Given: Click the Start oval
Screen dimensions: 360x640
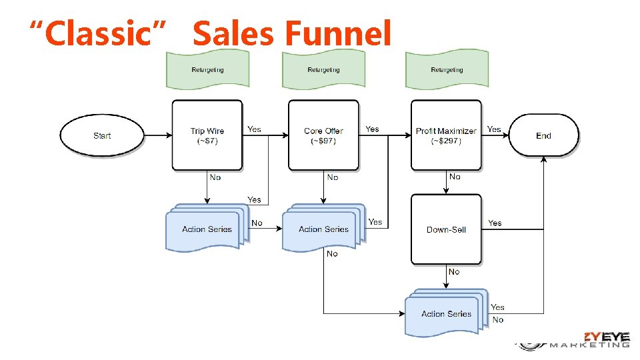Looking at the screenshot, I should point(102,135).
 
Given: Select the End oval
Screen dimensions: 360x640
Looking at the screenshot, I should point(543,135).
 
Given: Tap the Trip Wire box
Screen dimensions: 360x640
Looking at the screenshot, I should point(207,135).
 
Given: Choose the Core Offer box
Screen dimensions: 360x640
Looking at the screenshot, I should point(323,135).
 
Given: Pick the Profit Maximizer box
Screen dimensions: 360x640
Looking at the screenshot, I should point(446,135).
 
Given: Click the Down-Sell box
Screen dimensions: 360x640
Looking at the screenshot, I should point(446,229).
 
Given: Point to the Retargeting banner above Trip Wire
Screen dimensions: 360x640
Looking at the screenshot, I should point(207,69).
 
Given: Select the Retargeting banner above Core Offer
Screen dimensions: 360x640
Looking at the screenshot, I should point(323,69).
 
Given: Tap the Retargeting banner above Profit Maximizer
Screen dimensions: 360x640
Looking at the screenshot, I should point(447,69).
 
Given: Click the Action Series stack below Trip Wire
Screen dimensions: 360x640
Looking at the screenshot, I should point(207,229).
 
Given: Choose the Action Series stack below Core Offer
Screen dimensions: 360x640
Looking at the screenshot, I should point(323,229).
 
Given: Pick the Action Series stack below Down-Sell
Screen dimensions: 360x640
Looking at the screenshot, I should point(446,313).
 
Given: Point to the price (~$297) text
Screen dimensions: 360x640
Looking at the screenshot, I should point(446,141).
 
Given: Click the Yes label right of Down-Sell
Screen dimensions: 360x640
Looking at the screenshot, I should point(495,223).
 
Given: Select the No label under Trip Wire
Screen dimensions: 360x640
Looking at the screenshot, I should point(215,177).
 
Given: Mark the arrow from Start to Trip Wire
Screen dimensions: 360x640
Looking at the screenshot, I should point(157,135).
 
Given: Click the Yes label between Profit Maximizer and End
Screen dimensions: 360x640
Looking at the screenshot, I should point(494,129).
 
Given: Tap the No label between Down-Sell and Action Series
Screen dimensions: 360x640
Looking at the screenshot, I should point(454,271).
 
